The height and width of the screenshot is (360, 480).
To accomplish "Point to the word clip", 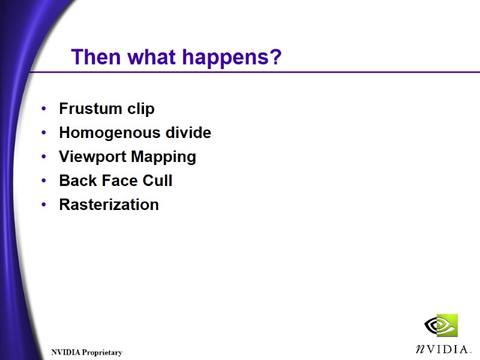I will (x=140, y=109).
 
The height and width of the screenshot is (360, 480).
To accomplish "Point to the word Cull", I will (x=157, y=181).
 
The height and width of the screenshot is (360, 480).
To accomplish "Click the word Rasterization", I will (x=109, y=205).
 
